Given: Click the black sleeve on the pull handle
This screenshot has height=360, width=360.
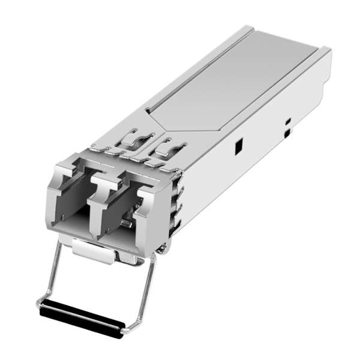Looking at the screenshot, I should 82,315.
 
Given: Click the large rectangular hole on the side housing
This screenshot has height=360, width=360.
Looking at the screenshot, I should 238,145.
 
